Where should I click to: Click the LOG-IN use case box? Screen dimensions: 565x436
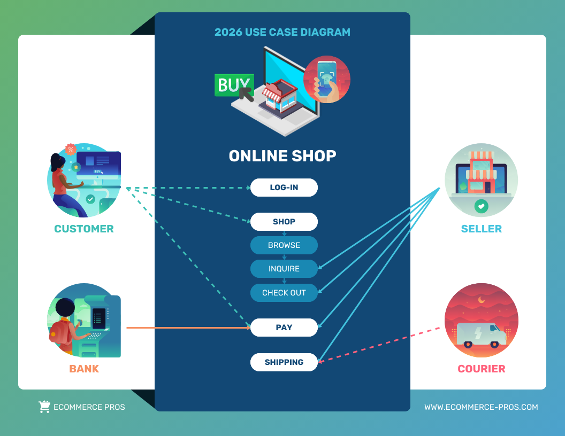[x=284, y=188]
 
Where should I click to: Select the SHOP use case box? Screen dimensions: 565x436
[x=284, y=222]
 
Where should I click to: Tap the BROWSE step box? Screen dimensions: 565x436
[x=284, y=245]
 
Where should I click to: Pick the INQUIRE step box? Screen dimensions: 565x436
[x=284, y=269]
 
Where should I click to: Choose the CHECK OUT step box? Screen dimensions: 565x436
[x=284, y=293]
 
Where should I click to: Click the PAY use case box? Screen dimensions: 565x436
[x=284, y=328]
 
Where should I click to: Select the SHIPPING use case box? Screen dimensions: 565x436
[x=284, y=362]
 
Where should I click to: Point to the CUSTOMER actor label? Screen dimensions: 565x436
[x=84, y=229]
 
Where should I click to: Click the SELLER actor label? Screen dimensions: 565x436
[x=482, y=229]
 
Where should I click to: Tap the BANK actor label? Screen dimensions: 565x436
[x=84, y=369]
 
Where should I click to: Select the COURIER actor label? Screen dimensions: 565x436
[x=482, y=369]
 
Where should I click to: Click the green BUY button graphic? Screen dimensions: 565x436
[x=234, y=85]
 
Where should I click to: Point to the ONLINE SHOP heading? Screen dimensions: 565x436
[x=282, y=156]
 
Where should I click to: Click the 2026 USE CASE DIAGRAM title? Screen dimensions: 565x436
[x=282, y=32]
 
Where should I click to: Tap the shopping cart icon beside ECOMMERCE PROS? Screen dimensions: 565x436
[x=45, y=407]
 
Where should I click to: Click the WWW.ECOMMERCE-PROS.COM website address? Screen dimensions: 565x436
[x=481, y=407]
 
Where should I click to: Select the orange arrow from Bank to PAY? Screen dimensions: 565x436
[x=188, y=328]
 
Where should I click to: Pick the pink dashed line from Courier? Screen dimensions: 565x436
[x=379, y=345]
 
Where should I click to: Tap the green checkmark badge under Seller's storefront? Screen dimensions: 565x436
[x=482, y=206]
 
